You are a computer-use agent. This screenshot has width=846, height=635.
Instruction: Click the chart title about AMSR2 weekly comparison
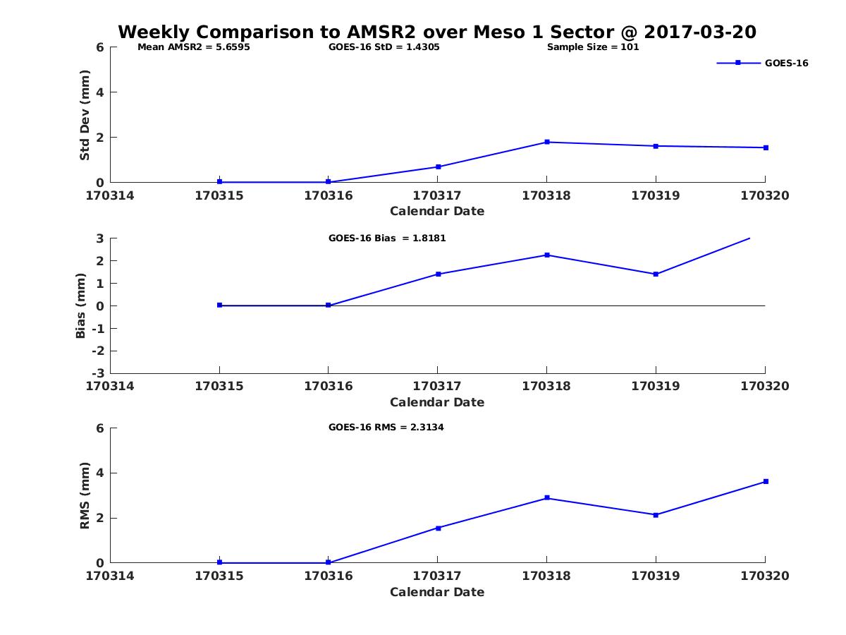pos(436,32)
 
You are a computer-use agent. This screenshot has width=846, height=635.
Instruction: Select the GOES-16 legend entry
pos(762,64)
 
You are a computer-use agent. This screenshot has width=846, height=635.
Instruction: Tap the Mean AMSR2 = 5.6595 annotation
pos(193,47)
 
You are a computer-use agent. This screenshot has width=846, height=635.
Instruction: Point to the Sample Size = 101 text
pos(593,47)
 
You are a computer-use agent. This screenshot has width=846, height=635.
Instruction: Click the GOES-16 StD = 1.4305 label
pos(384,47)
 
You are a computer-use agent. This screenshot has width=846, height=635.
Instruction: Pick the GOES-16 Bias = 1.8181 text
pos(387,238)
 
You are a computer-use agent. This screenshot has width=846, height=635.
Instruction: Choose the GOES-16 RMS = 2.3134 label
pos(386,427)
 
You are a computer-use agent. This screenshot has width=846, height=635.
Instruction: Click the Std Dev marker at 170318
pos(547,142)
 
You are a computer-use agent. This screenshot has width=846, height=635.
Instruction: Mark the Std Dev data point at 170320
pos(766,147)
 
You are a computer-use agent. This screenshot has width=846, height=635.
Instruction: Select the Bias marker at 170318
pos(547,255)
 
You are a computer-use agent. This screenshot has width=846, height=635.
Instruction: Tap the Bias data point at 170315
pos(220,305)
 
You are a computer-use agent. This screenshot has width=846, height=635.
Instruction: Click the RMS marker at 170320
pos(766,482)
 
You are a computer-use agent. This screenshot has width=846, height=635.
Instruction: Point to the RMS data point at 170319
pos(656,515)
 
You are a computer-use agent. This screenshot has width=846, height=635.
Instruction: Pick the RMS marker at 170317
pos(439,528)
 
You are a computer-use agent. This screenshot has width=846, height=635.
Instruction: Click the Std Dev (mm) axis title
pos(85,115)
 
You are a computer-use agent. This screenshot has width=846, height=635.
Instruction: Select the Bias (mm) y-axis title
pos(80,306)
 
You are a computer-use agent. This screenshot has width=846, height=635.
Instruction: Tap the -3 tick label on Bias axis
pos(98,373)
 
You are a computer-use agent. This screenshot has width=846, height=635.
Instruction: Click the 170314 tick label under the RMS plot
pos(110,576)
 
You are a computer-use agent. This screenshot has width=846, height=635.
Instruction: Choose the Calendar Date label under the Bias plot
pos(437,402)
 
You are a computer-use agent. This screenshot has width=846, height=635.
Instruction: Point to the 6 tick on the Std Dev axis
pos(100,47)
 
